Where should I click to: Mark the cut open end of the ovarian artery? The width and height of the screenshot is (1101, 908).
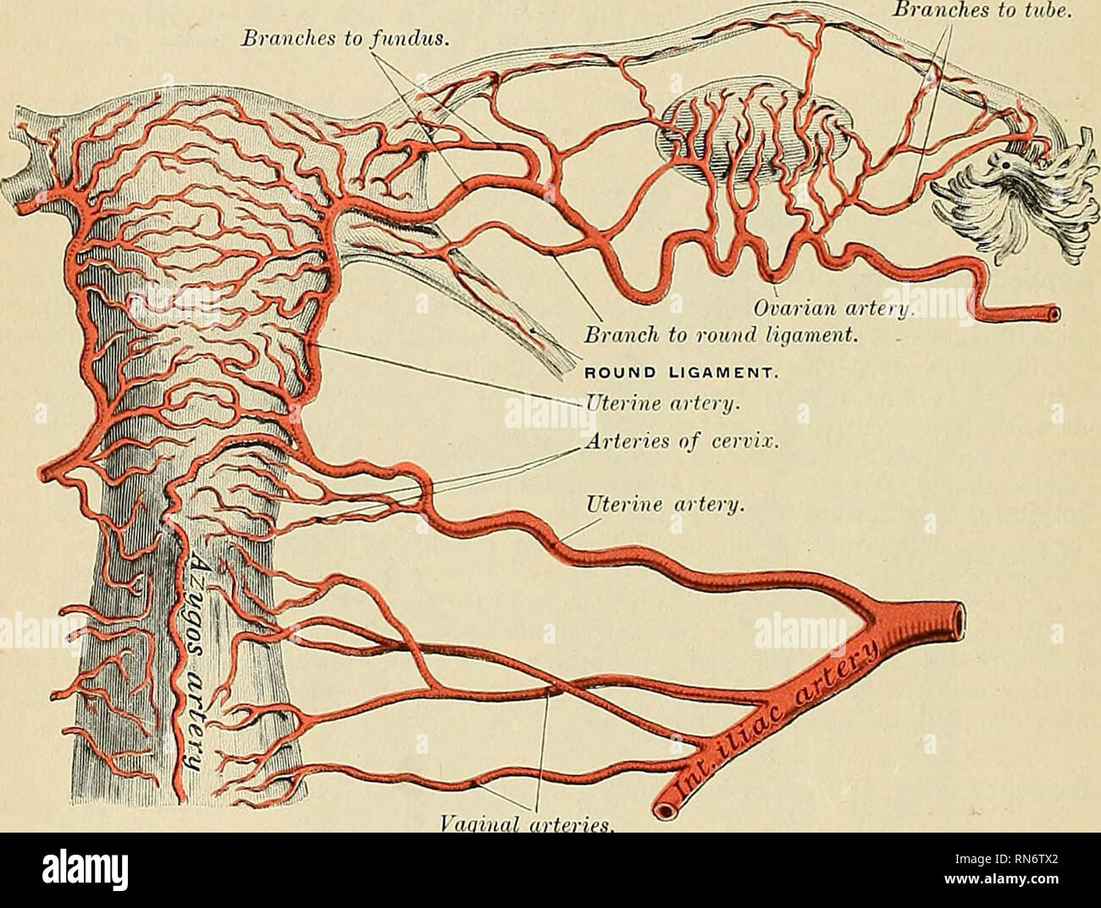click(x=1051, y=315)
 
